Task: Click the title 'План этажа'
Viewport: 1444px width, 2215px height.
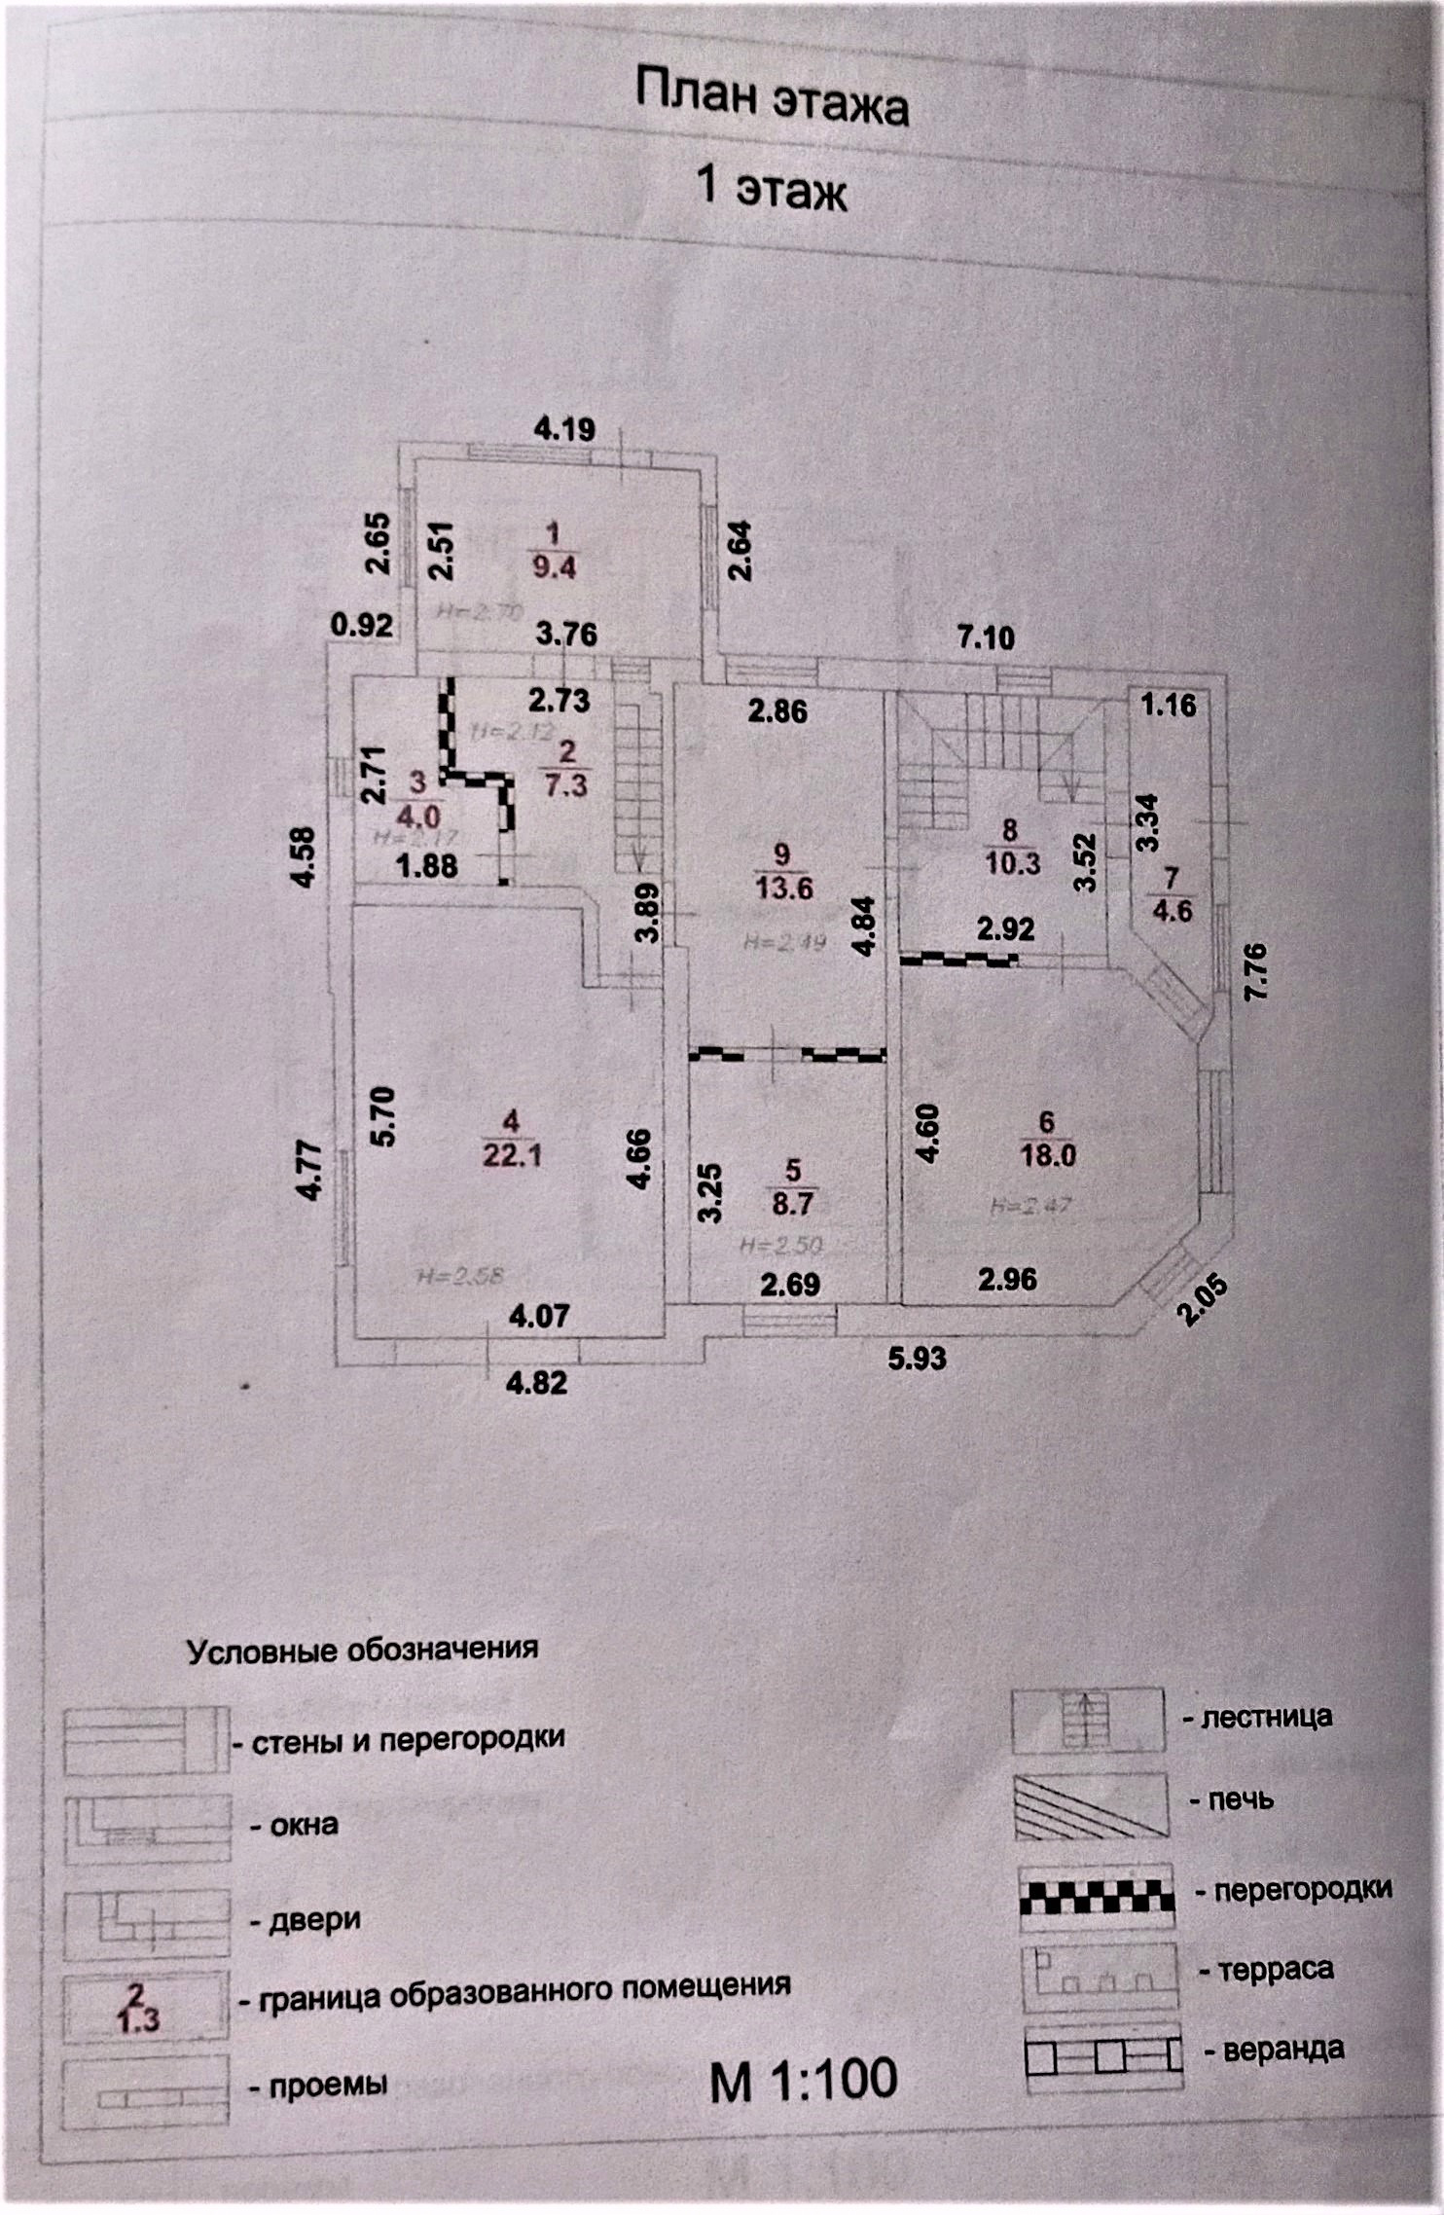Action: pos(772,99)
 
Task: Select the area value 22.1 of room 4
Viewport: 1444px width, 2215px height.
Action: pos(511,1155)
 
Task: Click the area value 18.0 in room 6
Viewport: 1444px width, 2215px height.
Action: pos(1047,1155)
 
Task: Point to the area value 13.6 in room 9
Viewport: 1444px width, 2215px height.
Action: pos(783,888)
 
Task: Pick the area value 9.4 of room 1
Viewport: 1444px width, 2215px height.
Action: pos(554,566)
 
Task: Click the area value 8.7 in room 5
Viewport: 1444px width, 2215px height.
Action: pos(792,1203)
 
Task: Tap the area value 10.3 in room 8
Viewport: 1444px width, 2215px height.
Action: pos(1012,862)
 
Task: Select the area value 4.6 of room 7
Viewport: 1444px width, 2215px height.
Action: pos(1172,911)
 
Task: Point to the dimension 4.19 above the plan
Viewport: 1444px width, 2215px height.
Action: pos(564,428)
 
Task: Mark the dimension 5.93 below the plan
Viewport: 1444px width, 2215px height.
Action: pos(917,1358)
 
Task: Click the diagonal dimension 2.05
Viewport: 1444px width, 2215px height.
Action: pos(1202,1300)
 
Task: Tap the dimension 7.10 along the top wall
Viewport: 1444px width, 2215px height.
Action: pos(985,637)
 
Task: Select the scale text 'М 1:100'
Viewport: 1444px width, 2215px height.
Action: pos(804,2080)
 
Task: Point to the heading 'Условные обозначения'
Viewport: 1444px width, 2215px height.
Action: pos(362,1650)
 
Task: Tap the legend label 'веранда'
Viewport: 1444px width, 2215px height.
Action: pos(1283,2049)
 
